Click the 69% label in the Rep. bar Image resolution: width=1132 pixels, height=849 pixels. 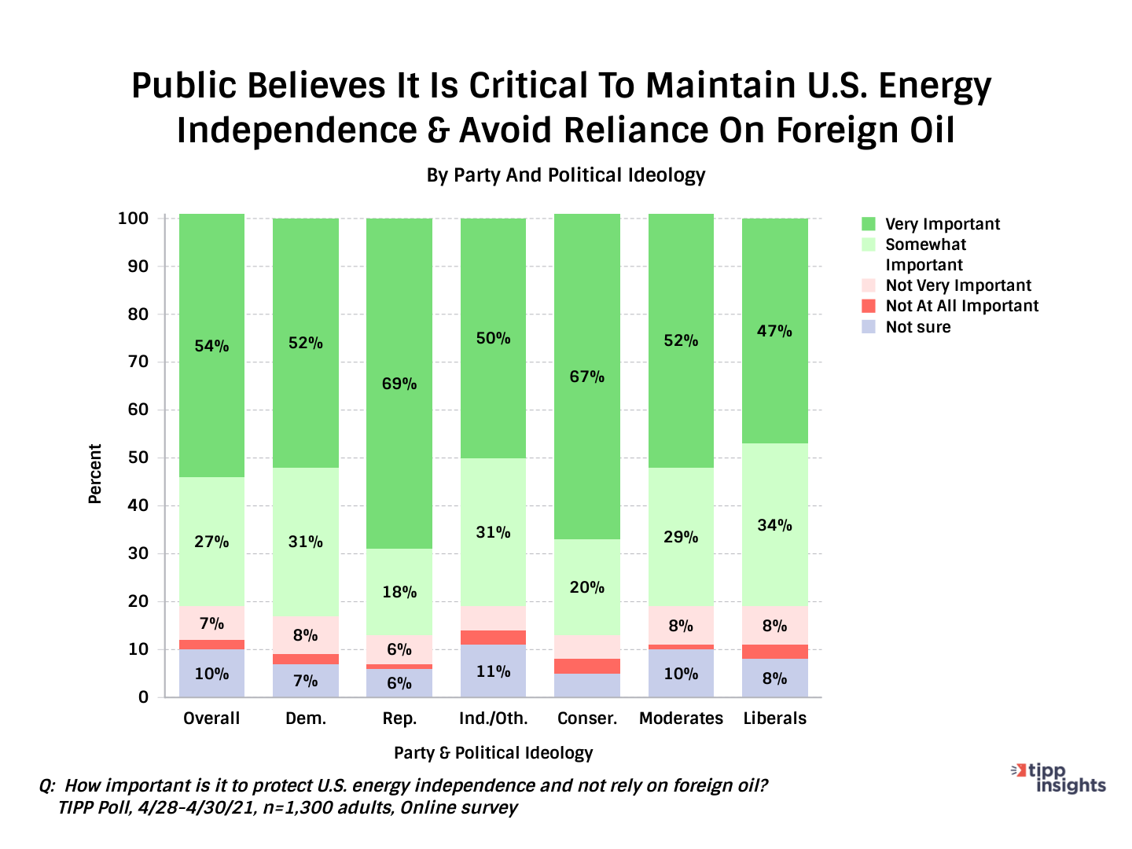tap(399, 384)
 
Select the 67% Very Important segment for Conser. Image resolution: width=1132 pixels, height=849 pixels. tap(587, 377)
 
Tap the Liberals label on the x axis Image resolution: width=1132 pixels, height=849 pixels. tap(775, 719)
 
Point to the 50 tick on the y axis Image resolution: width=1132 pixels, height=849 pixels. tap(138, 458)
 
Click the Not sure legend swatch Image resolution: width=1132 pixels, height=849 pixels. tap(869, 327)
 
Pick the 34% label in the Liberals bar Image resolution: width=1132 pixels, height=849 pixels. tap(775, 525)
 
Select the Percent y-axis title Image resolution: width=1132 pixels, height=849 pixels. tap(95, 473)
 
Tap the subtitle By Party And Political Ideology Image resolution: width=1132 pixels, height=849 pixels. tap(566, 175)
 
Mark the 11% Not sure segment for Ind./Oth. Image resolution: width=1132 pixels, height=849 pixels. tap(493, 671)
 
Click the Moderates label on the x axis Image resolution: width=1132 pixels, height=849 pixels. tap(681, 719)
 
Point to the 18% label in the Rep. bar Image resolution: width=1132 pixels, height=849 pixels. tap(399, 592)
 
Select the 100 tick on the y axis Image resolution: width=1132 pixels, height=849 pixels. tap(133, 219)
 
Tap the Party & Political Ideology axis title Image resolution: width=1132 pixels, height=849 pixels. tap(493, 753)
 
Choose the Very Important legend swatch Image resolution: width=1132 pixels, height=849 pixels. tap(869, 224)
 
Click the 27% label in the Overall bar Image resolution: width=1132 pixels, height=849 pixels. tap(211, 542)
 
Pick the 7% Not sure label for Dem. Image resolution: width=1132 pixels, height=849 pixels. tap(306, 681)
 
